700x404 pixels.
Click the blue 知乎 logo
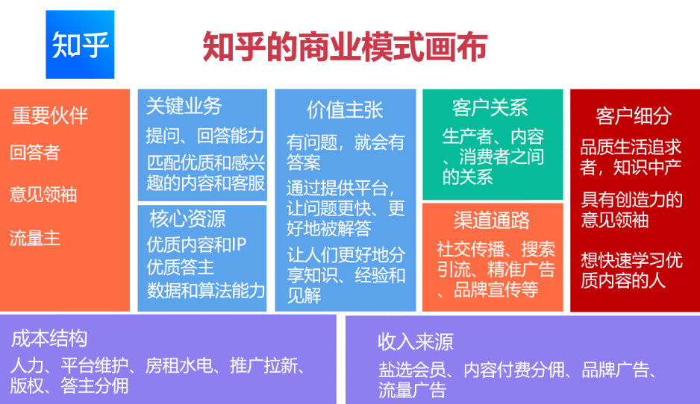(x=80, y=45)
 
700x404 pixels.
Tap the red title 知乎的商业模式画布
(x=345, y=46)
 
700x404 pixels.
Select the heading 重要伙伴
(x=49, y=116)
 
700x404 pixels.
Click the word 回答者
(x=35, y=153)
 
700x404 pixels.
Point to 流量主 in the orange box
(x=35, y=238)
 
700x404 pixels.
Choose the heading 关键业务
(x=184, y=106)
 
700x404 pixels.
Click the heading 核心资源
(x=187, y=218)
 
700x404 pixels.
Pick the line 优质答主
(x=181, y=267)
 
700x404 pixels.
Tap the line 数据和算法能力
(x=206, y=290)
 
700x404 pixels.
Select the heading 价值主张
(x=345, y=110)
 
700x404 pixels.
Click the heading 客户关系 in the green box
(x=490, y=107)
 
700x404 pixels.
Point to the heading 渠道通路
(x=492, y=220)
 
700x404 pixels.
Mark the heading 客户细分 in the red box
(x=634, y=116)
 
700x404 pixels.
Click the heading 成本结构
(x=49, y=338)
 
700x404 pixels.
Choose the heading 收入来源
(x=415, y=342)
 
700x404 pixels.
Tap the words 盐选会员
(x=412, y=370)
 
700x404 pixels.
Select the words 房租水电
(x=179, y=366)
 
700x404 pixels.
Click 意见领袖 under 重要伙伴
(x=43, y=195)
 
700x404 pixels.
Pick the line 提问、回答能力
(x=205, y=136)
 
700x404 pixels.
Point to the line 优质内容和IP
(x=196, y=244)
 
